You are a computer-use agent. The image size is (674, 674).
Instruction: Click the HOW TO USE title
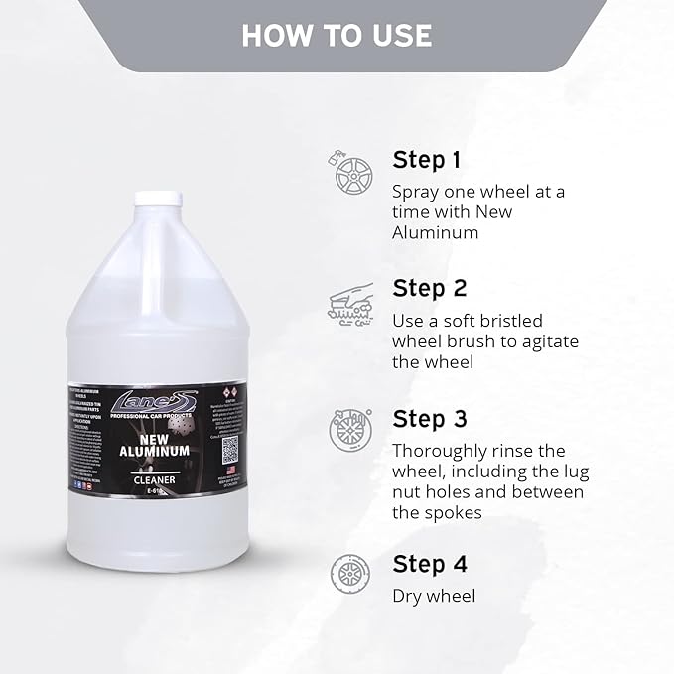[x=337, y=35]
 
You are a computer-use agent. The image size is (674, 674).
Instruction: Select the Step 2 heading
[x=430, y=288]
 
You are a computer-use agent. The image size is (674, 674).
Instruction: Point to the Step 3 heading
[x=430, y=418]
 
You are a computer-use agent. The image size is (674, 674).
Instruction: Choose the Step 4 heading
[x=430, y=564]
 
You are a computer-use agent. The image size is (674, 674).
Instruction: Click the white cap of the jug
[x=158, y=199]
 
